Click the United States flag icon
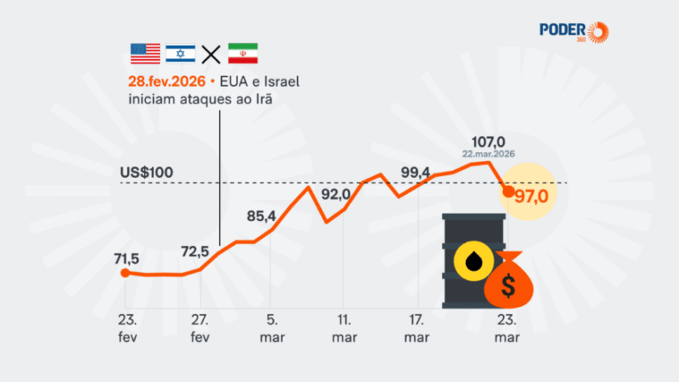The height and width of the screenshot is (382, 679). click(145, 53)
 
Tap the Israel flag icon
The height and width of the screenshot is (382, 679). click(179, 53)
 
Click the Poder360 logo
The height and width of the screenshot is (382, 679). click(575, 32)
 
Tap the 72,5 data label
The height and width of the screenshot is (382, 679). click(195, 252)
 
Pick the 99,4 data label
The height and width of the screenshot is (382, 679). click(416, 171)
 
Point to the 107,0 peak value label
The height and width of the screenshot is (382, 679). click(488, 141)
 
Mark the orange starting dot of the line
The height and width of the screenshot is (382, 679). click(125, 273)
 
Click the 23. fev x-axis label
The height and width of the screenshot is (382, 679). click(125, 328)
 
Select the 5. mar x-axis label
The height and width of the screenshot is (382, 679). click(271, 328)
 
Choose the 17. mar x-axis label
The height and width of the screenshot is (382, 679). click(417, 328)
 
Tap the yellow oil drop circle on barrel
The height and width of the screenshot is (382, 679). click(469, 261)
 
